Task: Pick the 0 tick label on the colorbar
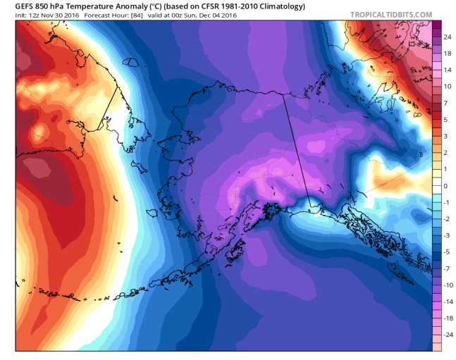445,186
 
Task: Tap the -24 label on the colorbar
448,335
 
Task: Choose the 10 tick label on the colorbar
448,87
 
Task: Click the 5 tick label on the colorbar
445,120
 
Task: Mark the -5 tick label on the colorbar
447,252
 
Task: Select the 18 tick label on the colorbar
448,54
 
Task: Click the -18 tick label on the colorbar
448,318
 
